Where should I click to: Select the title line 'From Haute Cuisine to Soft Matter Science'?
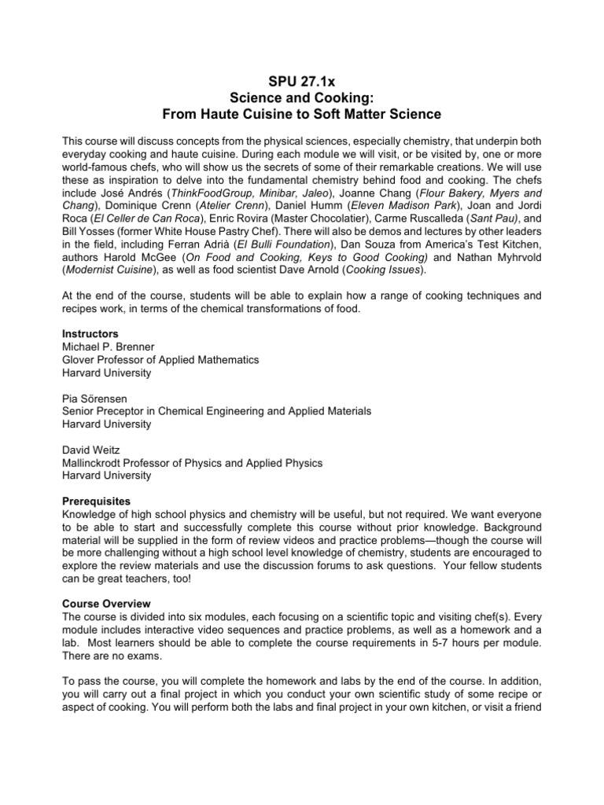click(x=301, y=114)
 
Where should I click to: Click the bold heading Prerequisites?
click(x=96, y=501)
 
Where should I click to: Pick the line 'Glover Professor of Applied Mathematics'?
click(x=160, y=359)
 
